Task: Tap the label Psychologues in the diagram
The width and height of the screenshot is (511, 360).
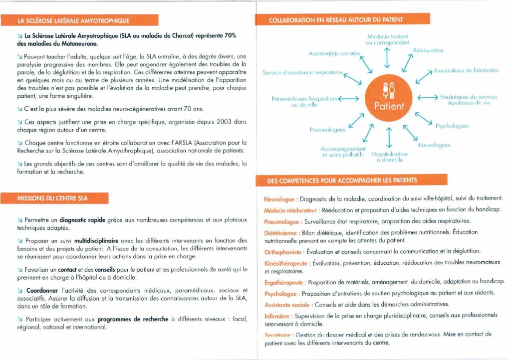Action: [452, 126]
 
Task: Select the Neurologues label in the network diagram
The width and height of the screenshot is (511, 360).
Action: [434, 145]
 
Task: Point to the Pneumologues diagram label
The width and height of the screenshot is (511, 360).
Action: [327, 130]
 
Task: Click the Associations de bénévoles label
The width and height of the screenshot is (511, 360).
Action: [466, 71]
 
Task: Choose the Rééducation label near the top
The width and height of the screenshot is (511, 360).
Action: [428, 50]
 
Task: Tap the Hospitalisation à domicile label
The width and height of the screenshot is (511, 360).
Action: [390, 157]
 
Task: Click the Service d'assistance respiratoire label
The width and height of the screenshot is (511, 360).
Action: [303, 73]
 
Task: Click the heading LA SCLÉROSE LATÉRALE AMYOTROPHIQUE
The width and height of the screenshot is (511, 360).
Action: [73, 20]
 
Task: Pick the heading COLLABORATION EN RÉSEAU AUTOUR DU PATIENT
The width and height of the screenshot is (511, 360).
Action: [335, 20]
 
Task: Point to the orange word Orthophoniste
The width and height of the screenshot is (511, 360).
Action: [283, 251]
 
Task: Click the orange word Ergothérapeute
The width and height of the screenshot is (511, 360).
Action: [284, 282]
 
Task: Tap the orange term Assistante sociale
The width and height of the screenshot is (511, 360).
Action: [286, 304]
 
